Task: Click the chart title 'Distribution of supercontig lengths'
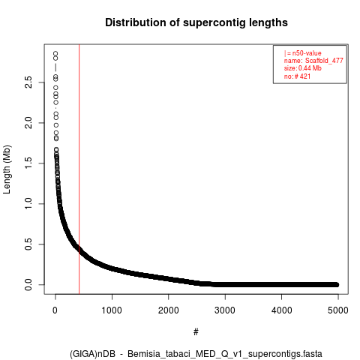pyautogui.click(x=196, y=22)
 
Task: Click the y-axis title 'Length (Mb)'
pyautogui.click(x=7, y=169)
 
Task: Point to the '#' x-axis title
pyautogui.click(x=196, y=332)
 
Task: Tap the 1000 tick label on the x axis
pyautogui.click(x=112, y=310)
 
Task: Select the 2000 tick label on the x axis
pyautogui.click(x=169, y=310)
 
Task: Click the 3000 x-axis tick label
pyautogui.click(x=225, y=310)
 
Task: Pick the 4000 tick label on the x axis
pyautogui.click(x=282, y=310)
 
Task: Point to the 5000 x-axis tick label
pyautogui.click(x=338, y=310)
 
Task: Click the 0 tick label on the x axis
pyautogui.click(x=55, y=310)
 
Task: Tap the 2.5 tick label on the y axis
pyautogui.click(x=28, y=82)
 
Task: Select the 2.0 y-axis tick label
pyautogui.click(x=28, y=123)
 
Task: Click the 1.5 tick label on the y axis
pyautogui.click(x=28, y=163)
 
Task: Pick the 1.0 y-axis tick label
pyautogui.click(x=28, y=204)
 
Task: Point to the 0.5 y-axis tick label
pyautogui.click(x=28, y=244)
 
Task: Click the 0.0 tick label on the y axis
pyautogui.click(x=28, y=284)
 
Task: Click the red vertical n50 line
pyautogui.click(x=79, y=169)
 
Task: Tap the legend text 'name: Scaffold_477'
pyautogui.click(x=313, y=61)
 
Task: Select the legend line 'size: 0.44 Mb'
pyautogui.click(x=303, y=68)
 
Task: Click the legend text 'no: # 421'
pyautogui.click(x=297, y=76)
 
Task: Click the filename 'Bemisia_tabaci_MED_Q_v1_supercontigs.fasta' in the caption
pyautogui.click(x=225, y=354)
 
